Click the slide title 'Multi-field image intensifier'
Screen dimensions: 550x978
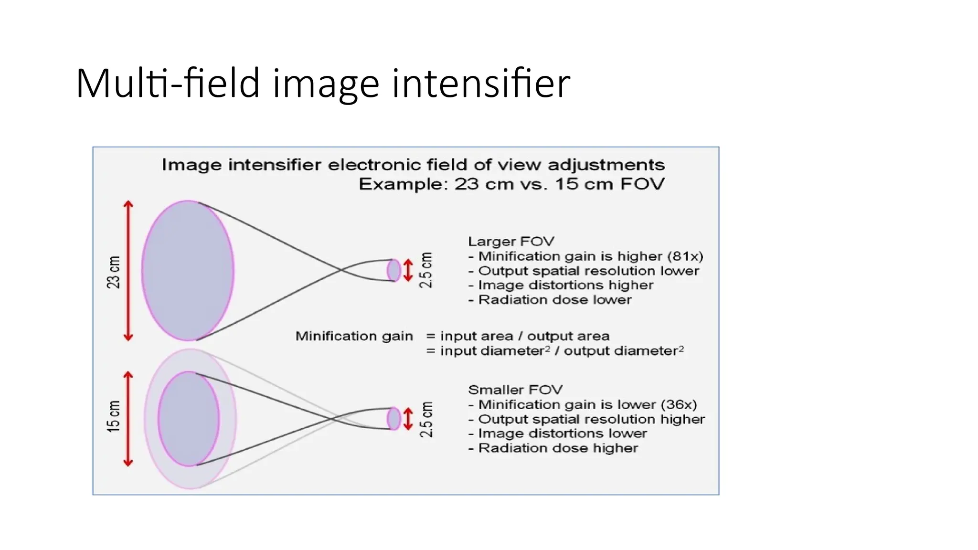[x=323, y=84]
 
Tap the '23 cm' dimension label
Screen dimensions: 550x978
[x=114, y=272]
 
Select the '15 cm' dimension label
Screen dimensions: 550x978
[x=114, y=416]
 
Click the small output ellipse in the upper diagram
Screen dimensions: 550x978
[x=394, y=270]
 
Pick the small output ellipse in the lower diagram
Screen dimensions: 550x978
[x=394, y=419]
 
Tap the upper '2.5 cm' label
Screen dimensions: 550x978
[x=425, y=270]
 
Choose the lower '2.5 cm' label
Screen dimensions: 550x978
[x=425, y=419]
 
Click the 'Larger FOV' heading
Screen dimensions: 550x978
[x=511, y=242]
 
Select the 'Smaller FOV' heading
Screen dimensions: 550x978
[x=515, y=390]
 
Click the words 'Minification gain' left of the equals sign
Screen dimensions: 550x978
[x=354, y=336]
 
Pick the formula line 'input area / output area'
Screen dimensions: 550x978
[x=524, y=336]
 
